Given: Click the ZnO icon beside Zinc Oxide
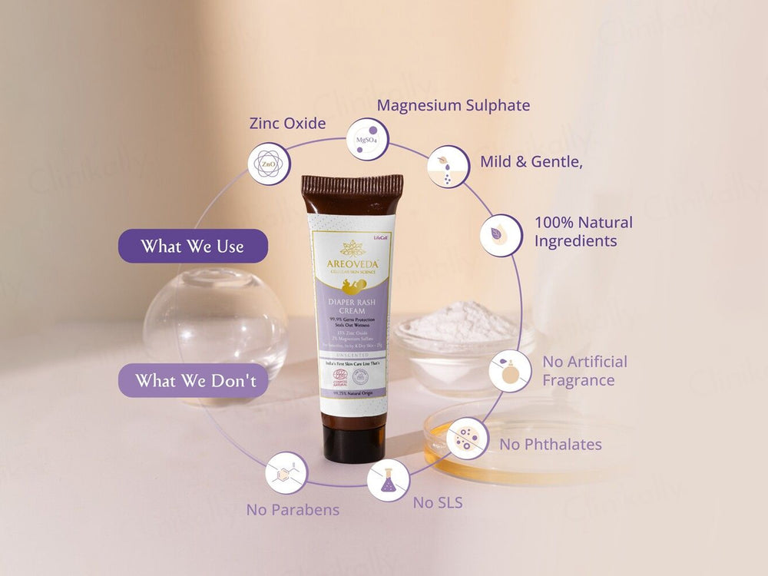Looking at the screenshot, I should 269,164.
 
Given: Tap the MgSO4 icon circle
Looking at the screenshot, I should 368,139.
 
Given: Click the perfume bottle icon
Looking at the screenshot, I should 510,370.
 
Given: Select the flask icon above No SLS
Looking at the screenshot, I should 388,480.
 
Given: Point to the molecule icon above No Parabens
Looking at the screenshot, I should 286,472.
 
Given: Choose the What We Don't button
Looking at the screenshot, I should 193,380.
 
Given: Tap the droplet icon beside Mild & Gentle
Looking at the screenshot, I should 449,167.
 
